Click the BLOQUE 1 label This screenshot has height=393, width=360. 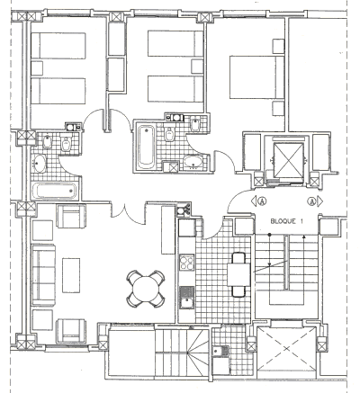click(x=286, y=221)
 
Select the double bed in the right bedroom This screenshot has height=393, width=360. click(x=256, y=77)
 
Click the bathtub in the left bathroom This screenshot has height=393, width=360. click(x=54, y=191)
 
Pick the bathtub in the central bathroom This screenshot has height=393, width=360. click(x=147, y=146)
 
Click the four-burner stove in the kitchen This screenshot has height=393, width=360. click(x=186, y=263)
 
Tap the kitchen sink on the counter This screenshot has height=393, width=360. click(x=186, y=298)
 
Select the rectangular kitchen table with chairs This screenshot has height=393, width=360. click(x=238, y=274)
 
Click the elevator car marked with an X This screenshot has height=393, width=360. click(x=289, y=160)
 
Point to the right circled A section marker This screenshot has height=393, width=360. click(x=315, y=201)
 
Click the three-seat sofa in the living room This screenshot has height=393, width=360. click(x=43, y=274)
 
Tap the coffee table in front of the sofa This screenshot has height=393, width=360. click(x=71, y=275)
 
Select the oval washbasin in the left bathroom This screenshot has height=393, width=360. click(x=39, y=164)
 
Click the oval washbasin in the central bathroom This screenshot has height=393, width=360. click(x=193, y=162)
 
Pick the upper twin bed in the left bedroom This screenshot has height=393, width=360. click(x=58, y=46)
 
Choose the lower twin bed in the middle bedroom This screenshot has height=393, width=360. click(x=175, y=89)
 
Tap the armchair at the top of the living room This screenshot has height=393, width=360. click(x=71, y=216)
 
